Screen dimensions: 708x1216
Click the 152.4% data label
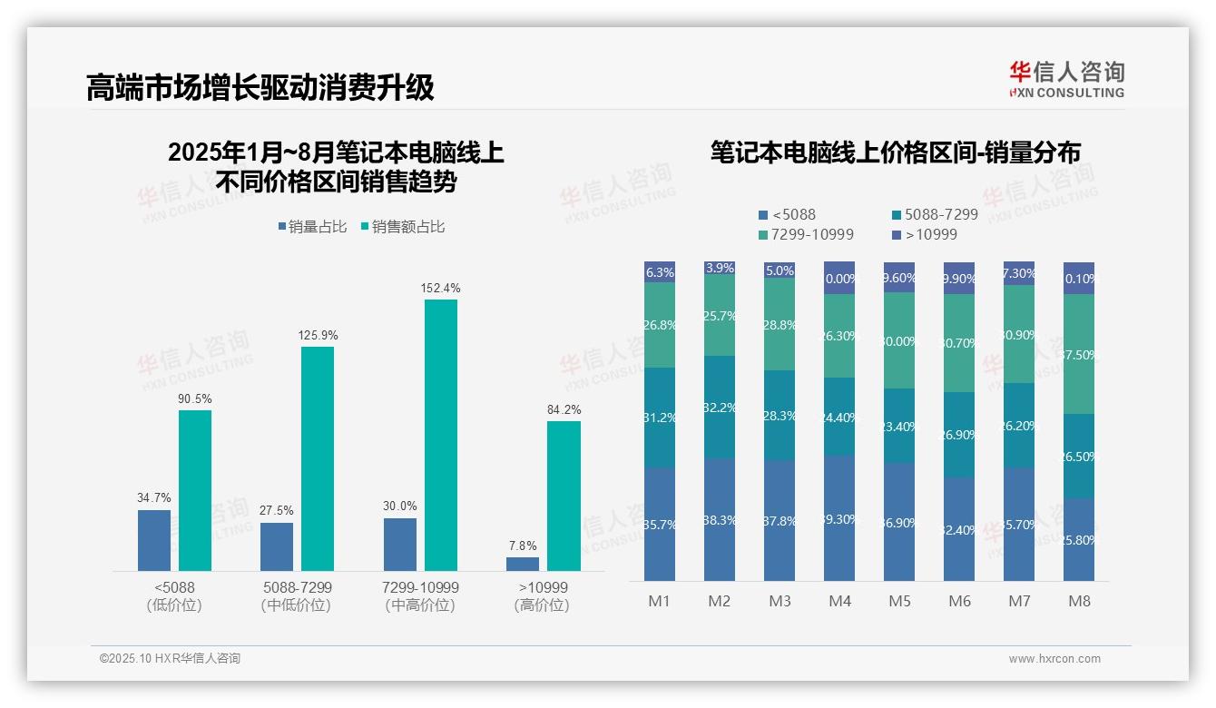click(x=440, y=288)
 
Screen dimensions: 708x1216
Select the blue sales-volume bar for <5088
click(x=154, y=540)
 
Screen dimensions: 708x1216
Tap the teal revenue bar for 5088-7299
click(x=318, y=458)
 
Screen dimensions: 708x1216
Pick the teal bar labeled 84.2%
click(x=564, y=496)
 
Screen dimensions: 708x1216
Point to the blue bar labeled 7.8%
click(x=523, y=564)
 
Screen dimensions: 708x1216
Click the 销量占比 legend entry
click(x=311, y=227)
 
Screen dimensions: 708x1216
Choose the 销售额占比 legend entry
click(x=402, y=227)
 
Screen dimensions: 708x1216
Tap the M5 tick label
click(x=899, y=601)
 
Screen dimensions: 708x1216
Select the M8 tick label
click(x=1079, y=601)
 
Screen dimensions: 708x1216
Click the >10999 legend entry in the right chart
click(x=925, y=235)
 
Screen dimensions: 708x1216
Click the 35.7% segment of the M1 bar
click(x=660, y=525)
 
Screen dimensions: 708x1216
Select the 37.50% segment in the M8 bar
click(x=1079, y=355)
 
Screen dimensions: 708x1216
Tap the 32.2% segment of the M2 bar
click(x=720, y=408)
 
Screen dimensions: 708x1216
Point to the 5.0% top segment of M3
click(x=780, y=270)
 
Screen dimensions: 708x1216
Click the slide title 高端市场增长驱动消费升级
click(x=260, y=87)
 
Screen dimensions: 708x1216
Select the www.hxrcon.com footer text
click(x=1054, y=659)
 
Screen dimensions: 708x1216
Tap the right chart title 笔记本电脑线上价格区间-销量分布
click(x=896, y=152)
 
